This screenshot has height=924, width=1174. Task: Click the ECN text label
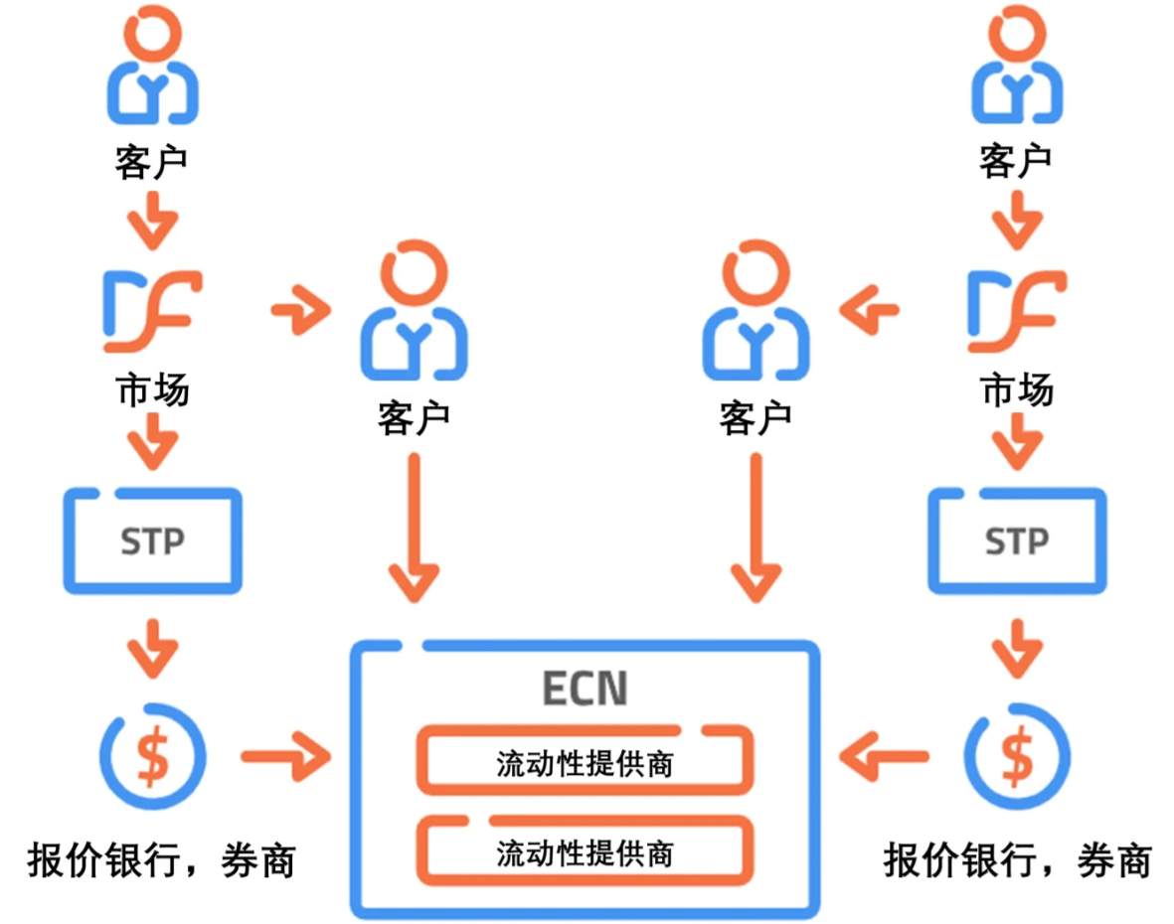point(585,690)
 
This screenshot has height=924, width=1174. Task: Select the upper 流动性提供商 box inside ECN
point(585,762)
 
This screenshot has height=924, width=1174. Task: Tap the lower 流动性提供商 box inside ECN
point(585,852)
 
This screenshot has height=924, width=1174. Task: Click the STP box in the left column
point(152,540)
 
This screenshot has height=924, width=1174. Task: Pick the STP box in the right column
point(1017,540)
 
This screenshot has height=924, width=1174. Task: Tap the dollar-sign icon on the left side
point(152,756)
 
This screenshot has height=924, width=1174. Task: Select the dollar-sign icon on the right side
point(1017,756)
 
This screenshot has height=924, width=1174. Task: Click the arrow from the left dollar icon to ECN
point(285,758)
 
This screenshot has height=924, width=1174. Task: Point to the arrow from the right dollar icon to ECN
point(883,758)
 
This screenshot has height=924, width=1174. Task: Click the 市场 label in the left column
point(152,390)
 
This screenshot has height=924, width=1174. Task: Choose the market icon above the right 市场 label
point(1017,312)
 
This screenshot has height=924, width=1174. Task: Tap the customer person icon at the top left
point(152,69)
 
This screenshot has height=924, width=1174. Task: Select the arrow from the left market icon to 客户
point(300,313)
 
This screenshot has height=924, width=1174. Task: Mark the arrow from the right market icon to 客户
point(869,313)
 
